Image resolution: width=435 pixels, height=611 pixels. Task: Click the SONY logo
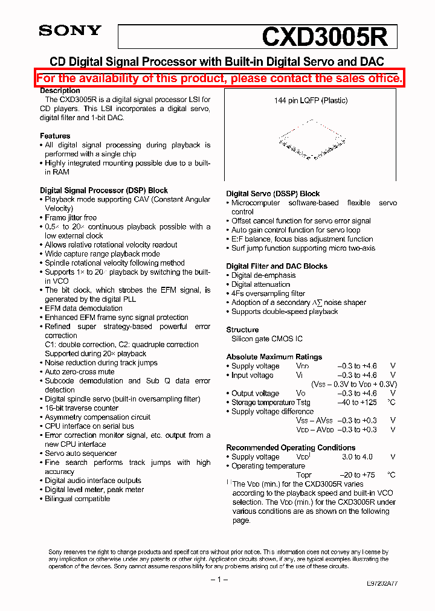pyautogui.click(x=70, y=31)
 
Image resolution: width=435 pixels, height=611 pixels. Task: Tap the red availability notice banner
pyautogui.click(x=219, y=78)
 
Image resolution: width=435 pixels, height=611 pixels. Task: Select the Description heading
pyautogui.click(x=60, y=91)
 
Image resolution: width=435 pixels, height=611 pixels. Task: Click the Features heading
pyautogui.click(x=55, y=136)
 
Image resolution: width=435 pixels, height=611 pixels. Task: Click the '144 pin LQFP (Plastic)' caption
pyautogui.click(x=311, y=101)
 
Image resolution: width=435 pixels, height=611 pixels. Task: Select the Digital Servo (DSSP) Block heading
pyautogui.click(x=273, y=194)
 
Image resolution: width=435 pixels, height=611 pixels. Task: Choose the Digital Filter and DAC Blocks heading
pyautogui.click(x=277, y=266)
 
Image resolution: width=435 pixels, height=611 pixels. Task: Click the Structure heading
pyautogui.click(x=242, y=330)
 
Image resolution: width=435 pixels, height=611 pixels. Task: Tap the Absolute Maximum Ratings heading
pyautogui.click(x=274, y=357)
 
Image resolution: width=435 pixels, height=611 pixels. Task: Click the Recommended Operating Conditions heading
pyautogui.click(x=291, y=447)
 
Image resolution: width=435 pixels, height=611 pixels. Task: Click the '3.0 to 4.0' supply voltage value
pyautogui.click(x=357, y=457)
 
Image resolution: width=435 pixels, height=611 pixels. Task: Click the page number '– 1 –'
pyautogui.click(x=219, y=580)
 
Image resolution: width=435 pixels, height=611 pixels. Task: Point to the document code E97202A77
pyautogui.click(x=382, y=584)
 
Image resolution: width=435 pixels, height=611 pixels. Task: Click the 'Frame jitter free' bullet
pyautogui.click(x=71, y=218)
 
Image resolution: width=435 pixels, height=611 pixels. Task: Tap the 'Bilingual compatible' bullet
pyautogui.click(x=77, y=499)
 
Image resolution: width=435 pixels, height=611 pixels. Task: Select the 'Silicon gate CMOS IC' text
pyautogui.click(x=265, y=339)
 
